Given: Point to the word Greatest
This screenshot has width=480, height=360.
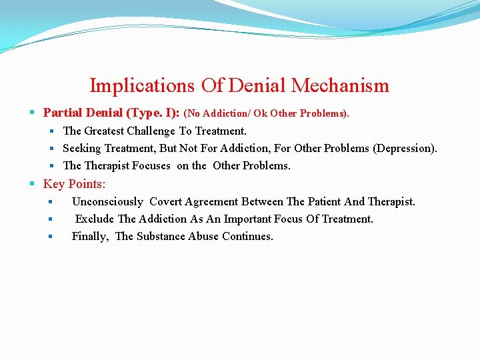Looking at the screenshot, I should (x=107, y=131).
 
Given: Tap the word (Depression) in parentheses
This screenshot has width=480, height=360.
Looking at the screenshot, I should (x=405, y=149).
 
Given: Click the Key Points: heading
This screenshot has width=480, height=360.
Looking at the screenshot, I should (x=74, y=184).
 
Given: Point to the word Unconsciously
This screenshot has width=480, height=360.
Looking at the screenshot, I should (x=107, y=201).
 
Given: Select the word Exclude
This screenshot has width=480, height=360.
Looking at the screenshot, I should (x=95, y=219).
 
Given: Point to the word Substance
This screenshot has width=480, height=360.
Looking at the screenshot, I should (x=161, y=237).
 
